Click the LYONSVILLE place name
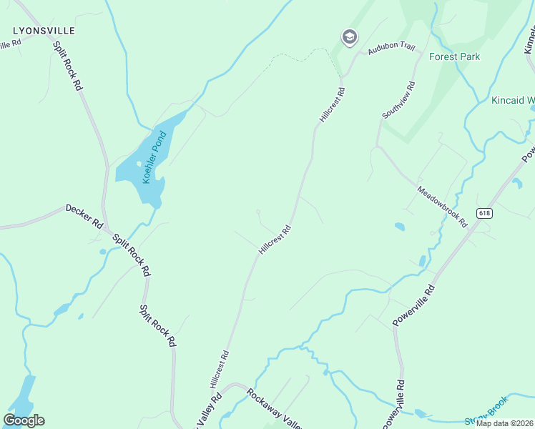[x=43, y=31]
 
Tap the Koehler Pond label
[x=155, y=157]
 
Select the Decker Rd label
[x=84, y=216]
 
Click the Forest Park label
[x=454, y=56]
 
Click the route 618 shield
[x=485, y=213]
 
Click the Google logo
[x=24, y=420]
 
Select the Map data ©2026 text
[x=504, y=423]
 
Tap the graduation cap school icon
[x=349, y=37]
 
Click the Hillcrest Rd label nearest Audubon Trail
[x=333, y=105]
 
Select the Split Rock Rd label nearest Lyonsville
[x=69, y=65]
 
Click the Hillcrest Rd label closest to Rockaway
[x=219, y=369]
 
